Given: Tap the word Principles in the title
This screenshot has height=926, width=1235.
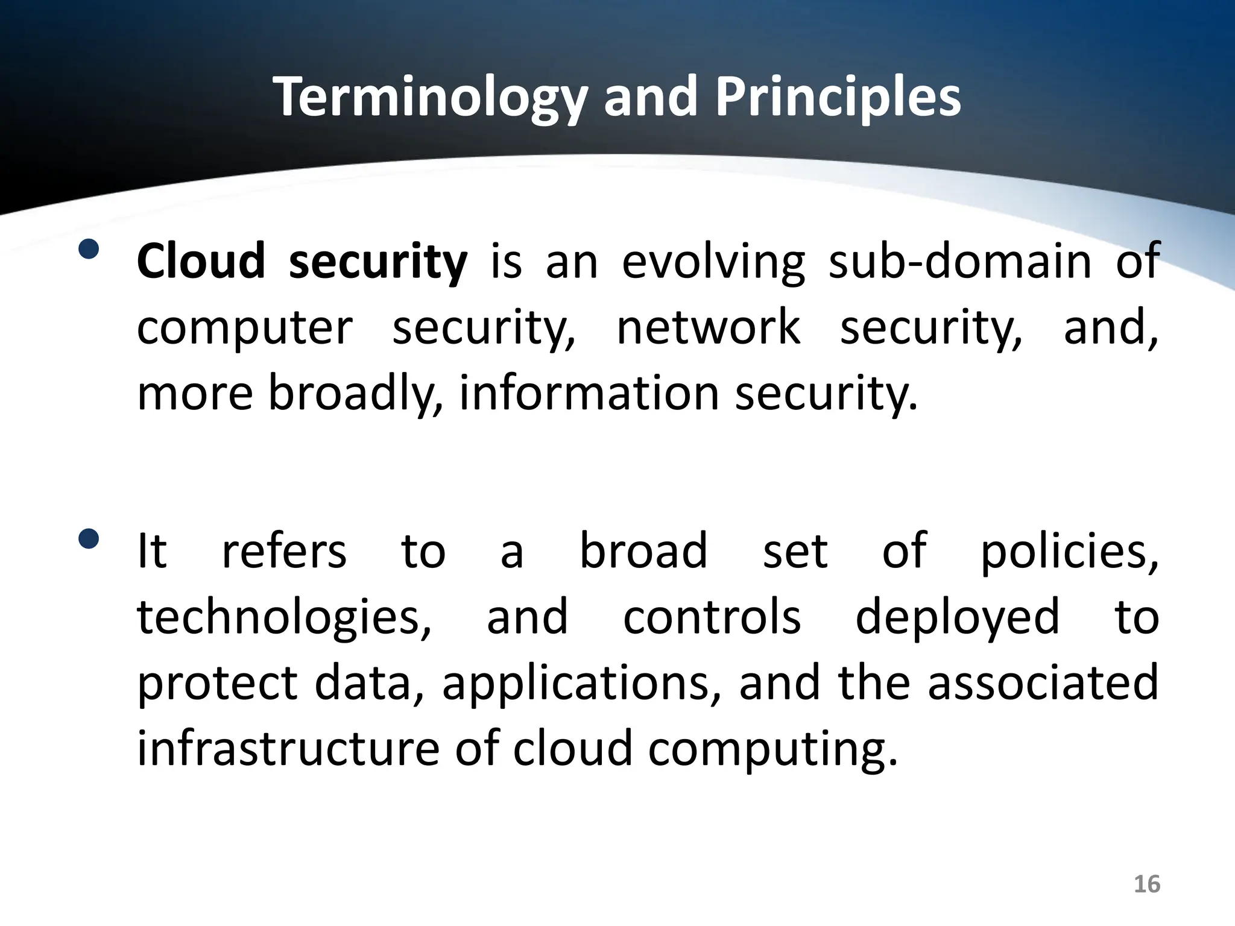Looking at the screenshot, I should click(x=838, y=98).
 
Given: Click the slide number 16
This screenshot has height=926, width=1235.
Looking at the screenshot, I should click(x=1146, y=884).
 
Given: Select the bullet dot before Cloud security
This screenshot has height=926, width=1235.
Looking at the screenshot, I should click(x=89, y=249).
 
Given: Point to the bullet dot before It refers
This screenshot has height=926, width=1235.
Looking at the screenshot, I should click(x=89, y=538).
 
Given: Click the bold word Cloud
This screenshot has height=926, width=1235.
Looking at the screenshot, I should click(x=201, y=261).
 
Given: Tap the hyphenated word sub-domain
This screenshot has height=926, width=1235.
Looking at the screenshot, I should click(x=960, y=261).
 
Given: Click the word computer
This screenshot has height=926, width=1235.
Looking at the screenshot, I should click(x=244, y=329).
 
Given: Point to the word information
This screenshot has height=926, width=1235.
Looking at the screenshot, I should click(x=589, y=393).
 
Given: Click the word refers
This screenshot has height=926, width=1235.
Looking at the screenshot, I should click(x=284, y=550).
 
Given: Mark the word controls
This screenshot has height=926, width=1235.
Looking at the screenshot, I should click(x=712, y=617).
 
